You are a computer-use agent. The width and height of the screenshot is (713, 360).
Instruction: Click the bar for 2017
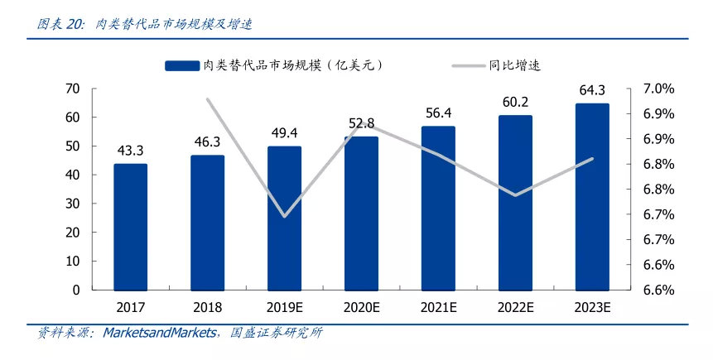[130, 227]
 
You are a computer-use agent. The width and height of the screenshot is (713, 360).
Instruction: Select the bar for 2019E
[284, 218]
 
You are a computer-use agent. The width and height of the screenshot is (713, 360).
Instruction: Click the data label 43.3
[130, 151]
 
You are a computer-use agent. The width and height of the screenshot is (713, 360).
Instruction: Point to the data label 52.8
[361, 123]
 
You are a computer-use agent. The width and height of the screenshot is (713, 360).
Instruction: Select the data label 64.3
[592, 90]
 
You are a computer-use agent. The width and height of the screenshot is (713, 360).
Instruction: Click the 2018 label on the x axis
[207, 307]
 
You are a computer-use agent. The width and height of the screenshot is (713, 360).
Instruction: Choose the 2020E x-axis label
[361, 307]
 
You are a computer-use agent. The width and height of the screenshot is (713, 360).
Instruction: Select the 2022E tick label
[515, 307]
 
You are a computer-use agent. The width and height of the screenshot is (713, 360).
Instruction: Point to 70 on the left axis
[72, 89]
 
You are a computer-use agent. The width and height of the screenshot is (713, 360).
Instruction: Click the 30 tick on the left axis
[72, 204]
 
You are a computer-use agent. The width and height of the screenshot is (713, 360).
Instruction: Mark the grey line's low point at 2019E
[284, 216]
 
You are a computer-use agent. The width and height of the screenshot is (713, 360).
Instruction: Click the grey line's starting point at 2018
[208, 100]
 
